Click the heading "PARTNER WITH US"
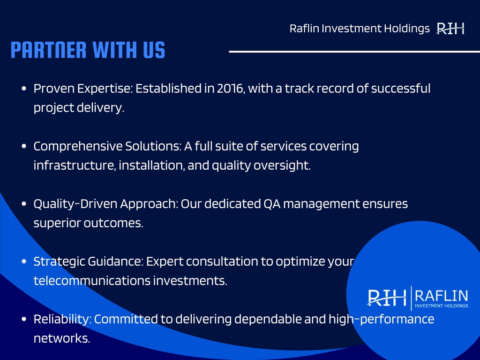pyautogui.click(x=88, y=50)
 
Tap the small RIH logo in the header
pyautogui.click(x=450, y=29)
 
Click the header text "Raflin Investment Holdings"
pyautogui.click(x=360, y=29)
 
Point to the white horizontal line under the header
pyautogui.click(x=354, y=52)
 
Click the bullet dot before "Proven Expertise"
pyautogui.click(x=24, y=89)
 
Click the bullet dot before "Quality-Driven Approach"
pyautogui.click(x=24, y=204)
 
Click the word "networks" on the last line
pyautogui.click(x=61, y=338)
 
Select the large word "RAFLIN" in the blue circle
pyautogui.click(x=442, y=296)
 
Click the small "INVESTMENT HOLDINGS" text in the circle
pyautogui.click(x=442, y=306)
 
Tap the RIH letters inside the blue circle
pyautogui.click(x=387, y=297)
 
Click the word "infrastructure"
pyautogui.click(x=75, y=165)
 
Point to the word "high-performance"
pyautogui.click(x=382, y=320)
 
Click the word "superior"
pyautogui.click(x=57, y=224)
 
